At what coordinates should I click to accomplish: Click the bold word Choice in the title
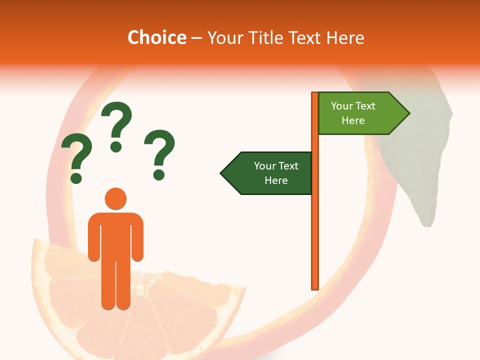tap(156, 37)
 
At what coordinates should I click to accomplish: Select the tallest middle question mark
tap(116, 125)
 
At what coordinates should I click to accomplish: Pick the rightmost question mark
tap(160, 153)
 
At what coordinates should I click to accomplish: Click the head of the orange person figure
tap(115, 198)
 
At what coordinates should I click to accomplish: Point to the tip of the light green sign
tap(408, 113)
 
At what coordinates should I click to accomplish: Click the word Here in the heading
tap(346, 37)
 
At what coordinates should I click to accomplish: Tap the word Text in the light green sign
tap(365, 106)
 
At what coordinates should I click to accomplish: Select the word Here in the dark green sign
tap(276, 180)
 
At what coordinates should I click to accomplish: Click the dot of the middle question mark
tap(116, 146)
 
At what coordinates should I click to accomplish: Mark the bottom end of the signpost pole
tap(315, 287)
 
